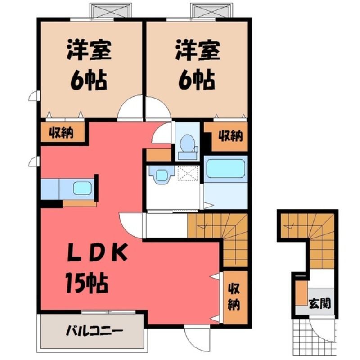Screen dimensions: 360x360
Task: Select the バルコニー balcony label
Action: pos(94,331)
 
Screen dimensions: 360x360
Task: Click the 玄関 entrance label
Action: pos(319,303)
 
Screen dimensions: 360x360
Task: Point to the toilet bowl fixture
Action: pos(188,145)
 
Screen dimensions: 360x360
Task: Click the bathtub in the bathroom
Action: pos(226,168)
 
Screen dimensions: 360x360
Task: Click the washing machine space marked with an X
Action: pos(188,174)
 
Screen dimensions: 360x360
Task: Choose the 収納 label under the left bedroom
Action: pos(62,133)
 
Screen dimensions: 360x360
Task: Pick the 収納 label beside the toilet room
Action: pos(230,136)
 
